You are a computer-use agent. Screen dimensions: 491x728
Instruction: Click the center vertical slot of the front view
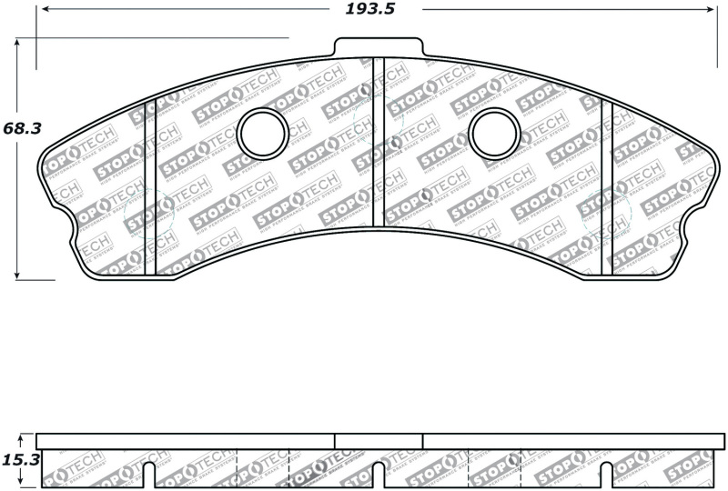(379, 145)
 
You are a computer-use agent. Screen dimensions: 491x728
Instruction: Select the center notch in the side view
(379, 474)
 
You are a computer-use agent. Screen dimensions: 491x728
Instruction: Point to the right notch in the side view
(607, 474)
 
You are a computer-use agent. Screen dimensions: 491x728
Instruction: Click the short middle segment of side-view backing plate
(379, 441)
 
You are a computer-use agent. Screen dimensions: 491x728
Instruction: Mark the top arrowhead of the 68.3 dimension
(17, 44)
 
